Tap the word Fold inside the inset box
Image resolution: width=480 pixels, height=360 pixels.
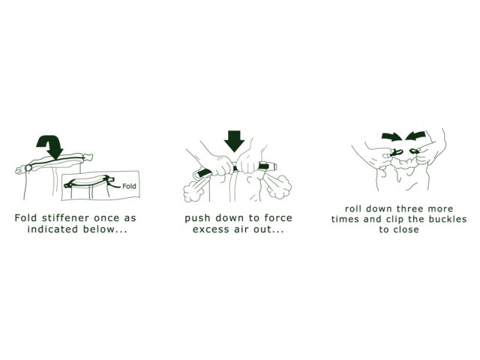[x=129, y=186]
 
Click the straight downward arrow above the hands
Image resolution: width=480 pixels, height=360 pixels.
[x=234, y=141]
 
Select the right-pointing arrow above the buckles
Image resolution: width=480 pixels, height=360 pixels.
[x=391, y=136]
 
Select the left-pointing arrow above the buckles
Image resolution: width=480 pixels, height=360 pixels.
[x=415, y=136]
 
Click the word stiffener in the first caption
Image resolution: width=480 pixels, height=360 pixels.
[x=65, y=218]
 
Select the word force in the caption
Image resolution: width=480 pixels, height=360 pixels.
[x=278, y=218]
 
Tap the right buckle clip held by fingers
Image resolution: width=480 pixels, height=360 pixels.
[x=415, y=151]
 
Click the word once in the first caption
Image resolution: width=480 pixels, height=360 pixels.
[x=106, y=218]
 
